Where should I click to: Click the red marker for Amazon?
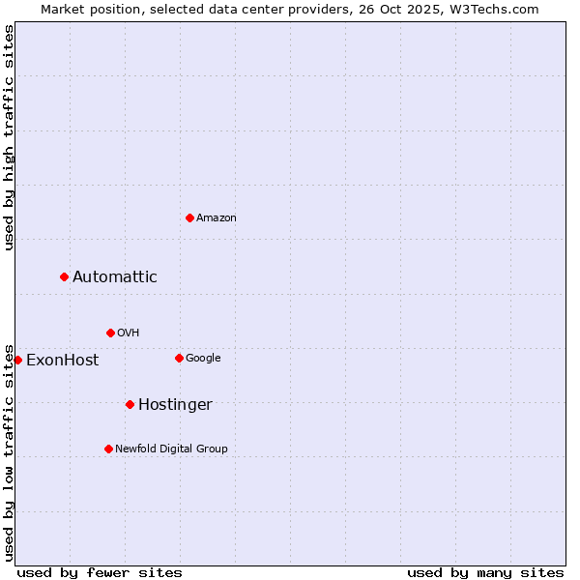[189, 217]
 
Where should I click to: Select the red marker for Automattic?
[64, 277]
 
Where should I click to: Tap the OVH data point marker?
[110, 333]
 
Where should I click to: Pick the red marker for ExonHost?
[17, 360]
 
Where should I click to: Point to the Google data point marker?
[179, 358]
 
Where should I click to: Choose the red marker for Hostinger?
[130, 404]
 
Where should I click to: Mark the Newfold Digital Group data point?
[108, 449]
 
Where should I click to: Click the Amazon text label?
[217, 218]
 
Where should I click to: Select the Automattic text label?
[115, 277]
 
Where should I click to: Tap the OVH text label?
[129, 333]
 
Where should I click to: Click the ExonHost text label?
[63, 361]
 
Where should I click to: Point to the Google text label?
[203, 359]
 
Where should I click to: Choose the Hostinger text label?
[175, 405]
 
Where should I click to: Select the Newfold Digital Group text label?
[172, 449]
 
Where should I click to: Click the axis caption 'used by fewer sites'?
[100, 572]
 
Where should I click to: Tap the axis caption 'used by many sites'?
[485, 572]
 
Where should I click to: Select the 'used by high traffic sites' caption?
[9, 137]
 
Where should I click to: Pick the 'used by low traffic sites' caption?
[9, 451]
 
